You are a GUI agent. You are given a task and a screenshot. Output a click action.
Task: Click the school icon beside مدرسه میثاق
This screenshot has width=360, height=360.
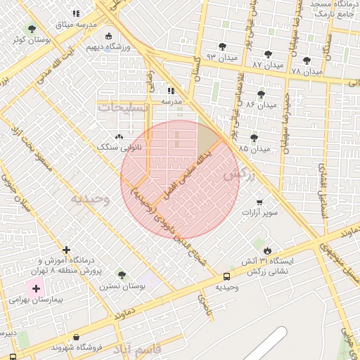[76, 13]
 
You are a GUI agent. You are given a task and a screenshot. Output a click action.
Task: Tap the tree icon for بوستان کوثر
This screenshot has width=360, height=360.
[31, 29]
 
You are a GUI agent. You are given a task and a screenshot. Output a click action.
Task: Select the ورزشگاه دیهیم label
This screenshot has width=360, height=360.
[108, 47]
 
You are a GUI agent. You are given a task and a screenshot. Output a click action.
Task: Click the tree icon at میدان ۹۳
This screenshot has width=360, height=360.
[222, 46]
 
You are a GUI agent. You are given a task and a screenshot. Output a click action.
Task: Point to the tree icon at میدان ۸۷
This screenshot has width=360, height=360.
[267, 54]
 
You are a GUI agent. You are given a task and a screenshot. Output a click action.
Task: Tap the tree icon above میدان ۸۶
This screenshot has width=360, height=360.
[261, 94]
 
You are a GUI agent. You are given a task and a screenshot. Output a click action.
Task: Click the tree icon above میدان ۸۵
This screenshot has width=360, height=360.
[253, 138]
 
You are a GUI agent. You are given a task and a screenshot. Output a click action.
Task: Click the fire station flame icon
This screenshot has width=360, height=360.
[267, 250]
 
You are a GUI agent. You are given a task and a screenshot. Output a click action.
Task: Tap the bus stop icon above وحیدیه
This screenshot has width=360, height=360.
[226, 277]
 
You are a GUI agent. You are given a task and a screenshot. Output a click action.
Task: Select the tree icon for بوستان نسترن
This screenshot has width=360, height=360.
[122, 275]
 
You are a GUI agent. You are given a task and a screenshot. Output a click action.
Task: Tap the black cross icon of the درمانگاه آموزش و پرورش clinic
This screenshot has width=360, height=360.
[66, 250]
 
